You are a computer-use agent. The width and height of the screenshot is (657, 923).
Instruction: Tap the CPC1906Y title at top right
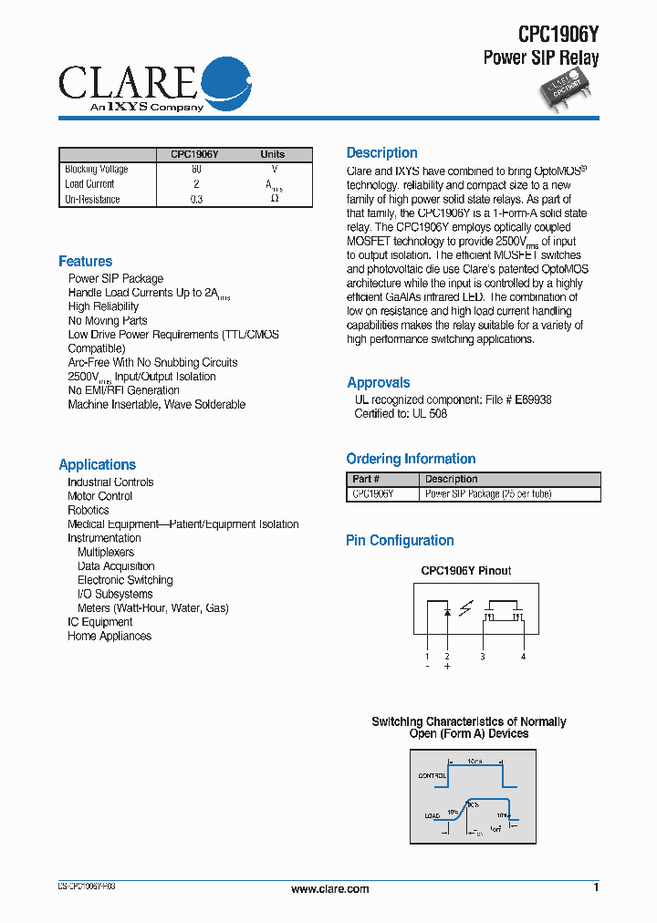pyautogui.click(x=558, y=35)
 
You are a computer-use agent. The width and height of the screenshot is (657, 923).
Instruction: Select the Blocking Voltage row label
pyautogui.click(x=97, y=170)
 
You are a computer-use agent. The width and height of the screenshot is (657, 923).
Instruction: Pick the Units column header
pyautogui.click(x=272, y=154)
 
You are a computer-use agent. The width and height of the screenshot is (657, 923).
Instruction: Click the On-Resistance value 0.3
pyautogui.click(x=196, y=199)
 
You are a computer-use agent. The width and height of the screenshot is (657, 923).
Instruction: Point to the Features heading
pyautogui.click(x=86, y=262)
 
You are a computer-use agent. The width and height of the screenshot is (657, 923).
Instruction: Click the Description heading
pyautogui.click(x=381, y=153)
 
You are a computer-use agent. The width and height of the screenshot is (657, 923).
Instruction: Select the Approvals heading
pyautogui.click(x=378, y=383)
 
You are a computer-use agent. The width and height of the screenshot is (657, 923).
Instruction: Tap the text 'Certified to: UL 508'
pyautogui.click(x=401, y=413)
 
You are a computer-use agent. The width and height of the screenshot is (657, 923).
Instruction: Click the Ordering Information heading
pyautogui.click(x=411, y=459)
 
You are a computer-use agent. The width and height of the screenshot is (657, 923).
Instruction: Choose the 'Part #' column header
pyautogui.click(x=366, y=479)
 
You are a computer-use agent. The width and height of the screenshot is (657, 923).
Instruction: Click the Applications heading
pyautogui.click(x=97, y=465)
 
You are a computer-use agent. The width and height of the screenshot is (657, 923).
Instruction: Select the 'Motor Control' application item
pyautogui.click(x=99, y=496)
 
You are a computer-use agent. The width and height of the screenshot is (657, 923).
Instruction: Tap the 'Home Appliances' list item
pyautogui.click(x=109, y=636)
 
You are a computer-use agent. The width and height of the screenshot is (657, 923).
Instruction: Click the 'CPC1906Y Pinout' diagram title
pyautogui.click(x=465, y=571)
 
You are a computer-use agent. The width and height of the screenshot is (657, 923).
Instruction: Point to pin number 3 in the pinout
pyautogui.click(x=483, y=656)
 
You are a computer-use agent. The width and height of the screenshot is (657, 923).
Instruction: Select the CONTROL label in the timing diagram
pyautogui.click(x=431, y=775)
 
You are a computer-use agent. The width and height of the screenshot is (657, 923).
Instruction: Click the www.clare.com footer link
pyautogui.click(x=329, y=888)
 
